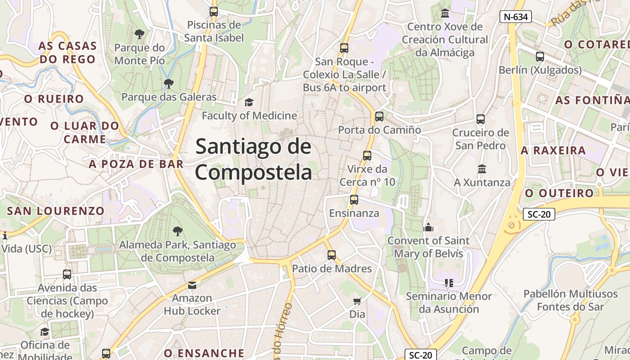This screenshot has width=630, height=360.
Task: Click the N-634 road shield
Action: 516,17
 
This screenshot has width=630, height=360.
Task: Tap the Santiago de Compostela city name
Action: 253,160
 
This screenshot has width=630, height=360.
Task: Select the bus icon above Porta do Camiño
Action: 379,117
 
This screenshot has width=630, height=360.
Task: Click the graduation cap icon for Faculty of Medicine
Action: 249,103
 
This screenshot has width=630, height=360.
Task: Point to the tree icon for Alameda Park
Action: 178,231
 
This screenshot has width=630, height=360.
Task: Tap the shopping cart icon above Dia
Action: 357,301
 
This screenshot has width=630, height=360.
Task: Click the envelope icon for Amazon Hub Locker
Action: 192,285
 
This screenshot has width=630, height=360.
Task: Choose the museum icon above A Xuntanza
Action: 482,169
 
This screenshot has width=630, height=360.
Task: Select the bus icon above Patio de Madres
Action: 332,255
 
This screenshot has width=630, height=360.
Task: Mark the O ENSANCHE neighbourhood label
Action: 204,353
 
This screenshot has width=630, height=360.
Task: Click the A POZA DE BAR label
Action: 136,164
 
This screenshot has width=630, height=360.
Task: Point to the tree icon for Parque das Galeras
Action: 169,83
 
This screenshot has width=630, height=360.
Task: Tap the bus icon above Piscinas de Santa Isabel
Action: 214,12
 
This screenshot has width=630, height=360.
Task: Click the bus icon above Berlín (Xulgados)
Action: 540,57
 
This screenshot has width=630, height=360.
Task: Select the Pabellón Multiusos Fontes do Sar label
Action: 570,300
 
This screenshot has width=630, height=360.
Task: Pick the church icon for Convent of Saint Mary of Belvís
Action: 428,227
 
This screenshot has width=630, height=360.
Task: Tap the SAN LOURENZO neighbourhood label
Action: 56,211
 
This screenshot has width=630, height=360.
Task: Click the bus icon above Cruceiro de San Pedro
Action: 481,119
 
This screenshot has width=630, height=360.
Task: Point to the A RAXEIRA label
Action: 553,150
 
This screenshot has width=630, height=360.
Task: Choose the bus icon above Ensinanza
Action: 354,200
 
